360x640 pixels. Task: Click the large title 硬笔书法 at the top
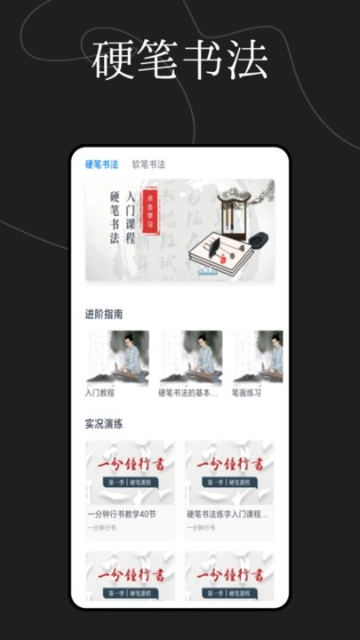[x=180, y=60]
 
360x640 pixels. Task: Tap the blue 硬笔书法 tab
[x=101, y=164]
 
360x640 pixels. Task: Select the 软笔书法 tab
[x=148, y=164]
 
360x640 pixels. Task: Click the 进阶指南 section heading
[x=104, y=315]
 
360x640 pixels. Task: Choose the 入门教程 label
[x=101, y=391]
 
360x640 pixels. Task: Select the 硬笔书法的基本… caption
[x=188, y=391]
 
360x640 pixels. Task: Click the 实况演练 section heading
[x=104, y=424]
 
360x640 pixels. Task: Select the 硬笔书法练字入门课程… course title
[x=228, y=514]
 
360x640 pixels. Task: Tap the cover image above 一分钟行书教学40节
[x=131, y=471]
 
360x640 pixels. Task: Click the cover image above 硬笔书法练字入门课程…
[x=230, y=471]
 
